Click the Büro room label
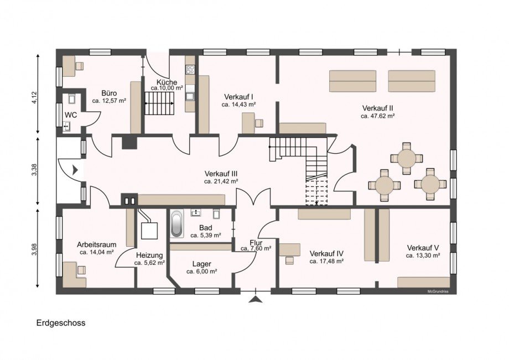click(109, 93)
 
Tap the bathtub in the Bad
click(176, 224)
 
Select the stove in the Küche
click(190, 70)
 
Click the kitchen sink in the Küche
click(190, 96)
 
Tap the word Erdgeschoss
click(61, 323)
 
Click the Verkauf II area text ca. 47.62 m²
click(378, 116)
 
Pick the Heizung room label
click(149, 255)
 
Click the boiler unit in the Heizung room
click(149, 231)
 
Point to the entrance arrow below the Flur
click(256, 299)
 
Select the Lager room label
click(201, 264)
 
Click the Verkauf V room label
click(423, 248)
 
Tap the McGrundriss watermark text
click(438, 291)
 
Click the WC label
click(71, 115)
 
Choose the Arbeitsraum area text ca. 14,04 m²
click(96, 252)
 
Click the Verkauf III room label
click(221, 174)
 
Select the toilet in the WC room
click(72, 98)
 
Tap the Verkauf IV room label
click(326, 254)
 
